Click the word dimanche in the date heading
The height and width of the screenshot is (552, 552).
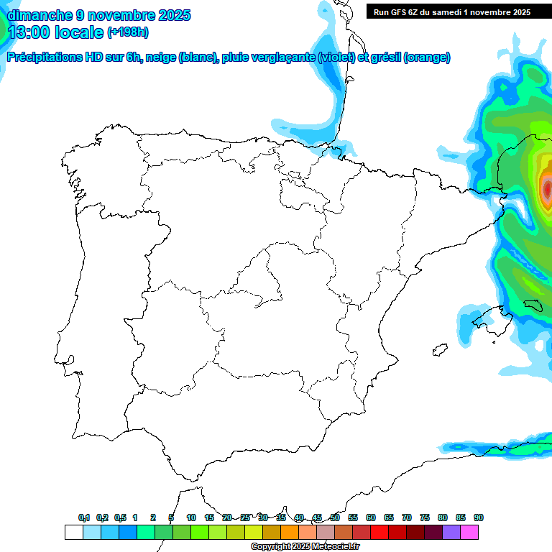tap(40, 14)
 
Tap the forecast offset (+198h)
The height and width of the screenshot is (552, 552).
tap(127, 32)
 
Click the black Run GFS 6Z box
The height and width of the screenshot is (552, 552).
tap(451, 11)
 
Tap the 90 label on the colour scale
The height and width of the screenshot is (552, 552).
tap(479, 517)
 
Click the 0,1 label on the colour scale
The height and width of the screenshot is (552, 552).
tap(84, 517)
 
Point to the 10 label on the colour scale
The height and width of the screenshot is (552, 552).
tap(191, 517)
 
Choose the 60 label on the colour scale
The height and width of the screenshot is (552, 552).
tap(371, 517)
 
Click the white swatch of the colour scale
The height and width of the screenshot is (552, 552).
tap(73, 532)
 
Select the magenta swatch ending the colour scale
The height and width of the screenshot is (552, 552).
tap(469, 532)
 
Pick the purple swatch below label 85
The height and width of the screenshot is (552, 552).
tap(451, 532)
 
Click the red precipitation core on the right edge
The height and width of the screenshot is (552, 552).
tap(546, 189)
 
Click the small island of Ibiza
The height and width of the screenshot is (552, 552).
tap(436, 350)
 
